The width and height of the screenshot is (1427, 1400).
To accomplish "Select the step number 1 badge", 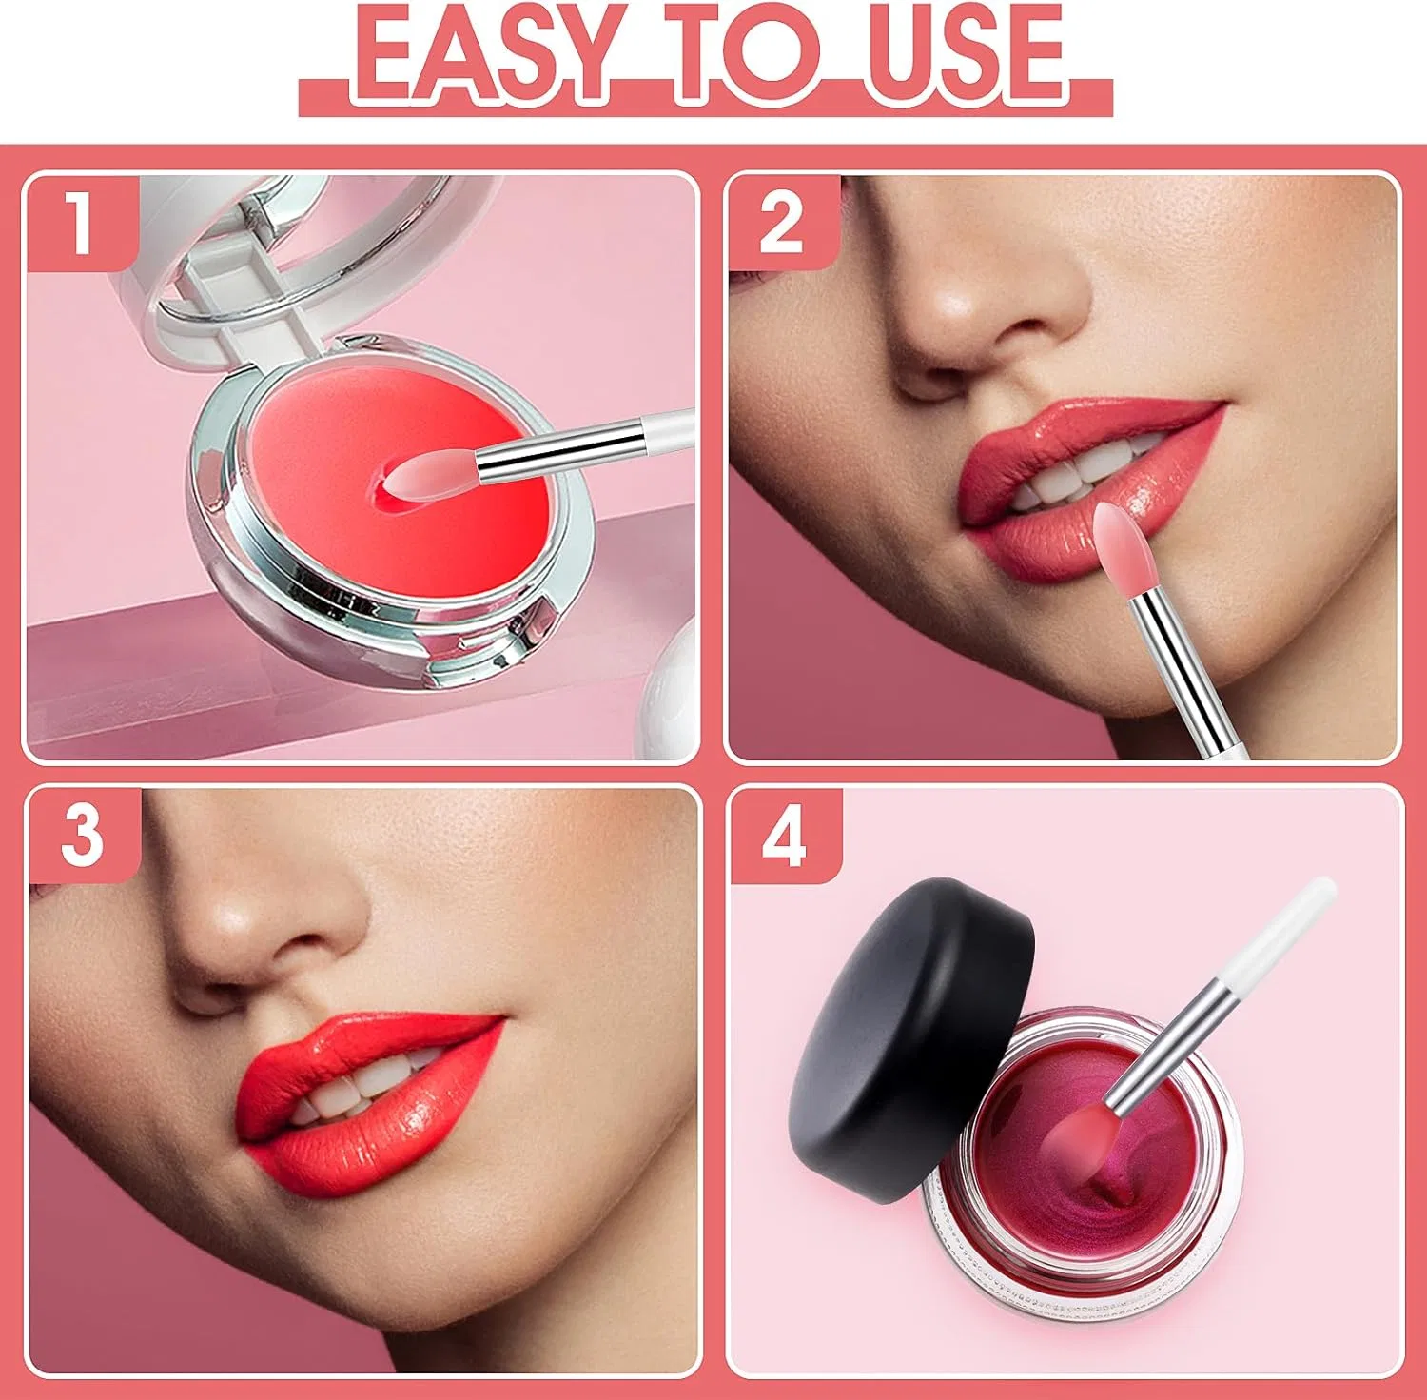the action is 82,223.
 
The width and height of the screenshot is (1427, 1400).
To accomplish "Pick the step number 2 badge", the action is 783,223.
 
